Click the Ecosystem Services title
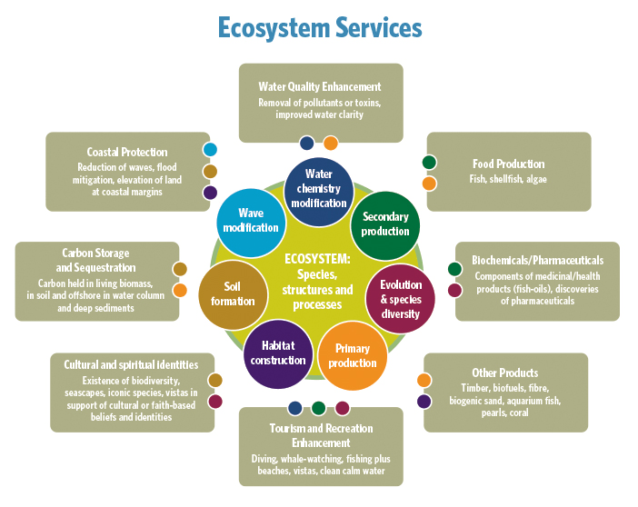[320, 27]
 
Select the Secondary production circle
[385, 224]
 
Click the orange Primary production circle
[352, 355]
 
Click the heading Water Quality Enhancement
[319, 87]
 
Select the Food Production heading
[508, 164]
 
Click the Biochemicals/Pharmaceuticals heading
[537, 260]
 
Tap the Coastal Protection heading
[127, 152]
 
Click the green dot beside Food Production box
[429, 163]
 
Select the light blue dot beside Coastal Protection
[210, 150]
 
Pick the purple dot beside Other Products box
[424, 401]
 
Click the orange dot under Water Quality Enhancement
[331, 143]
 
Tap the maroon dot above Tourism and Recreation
[342, 407]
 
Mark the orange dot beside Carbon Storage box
[180, 291]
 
